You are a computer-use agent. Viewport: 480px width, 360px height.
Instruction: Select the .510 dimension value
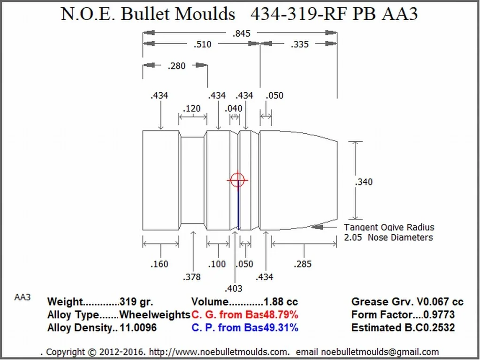click(202, 45)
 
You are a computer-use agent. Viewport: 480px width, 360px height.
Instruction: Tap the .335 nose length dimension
click(299, 45)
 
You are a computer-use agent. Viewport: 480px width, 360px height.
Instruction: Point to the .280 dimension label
click(176, 66)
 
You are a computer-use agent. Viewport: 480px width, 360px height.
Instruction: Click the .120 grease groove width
click(191, 109)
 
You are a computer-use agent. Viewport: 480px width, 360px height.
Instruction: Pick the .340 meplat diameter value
click(364, 182)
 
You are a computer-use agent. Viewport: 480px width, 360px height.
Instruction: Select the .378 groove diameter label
click(191, 277)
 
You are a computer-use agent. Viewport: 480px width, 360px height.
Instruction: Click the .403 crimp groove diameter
click(233, 288)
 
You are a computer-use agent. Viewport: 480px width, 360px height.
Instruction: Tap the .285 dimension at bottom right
click(302, 264)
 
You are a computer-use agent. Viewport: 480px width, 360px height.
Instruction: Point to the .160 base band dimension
click(159, 264)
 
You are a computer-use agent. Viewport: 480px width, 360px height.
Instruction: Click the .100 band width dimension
click(217, 264)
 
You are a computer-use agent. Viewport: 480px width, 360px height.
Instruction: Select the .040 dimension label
click(233, 109)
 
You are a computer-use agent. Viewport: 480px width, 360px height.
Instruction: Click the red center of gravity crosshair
click(237, 179)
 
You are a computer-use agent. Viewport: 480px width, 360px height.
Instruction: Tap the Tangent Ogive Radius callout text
click(389, 228)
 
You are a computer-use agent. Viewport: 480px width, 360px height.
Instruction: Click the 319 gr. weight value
click(136, 302)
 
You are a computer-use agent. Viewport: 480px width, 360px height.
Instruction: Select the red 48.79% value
click(280, 314)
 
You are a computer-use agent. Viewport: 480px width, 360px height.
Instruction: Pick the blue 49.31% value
click(280, 328)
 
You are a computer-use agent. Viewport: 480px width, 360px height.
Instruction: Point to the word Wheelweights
click(154, 314)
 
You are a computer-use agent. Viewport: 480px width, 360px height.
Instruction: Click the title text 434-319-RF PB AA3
click(334, 14)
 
